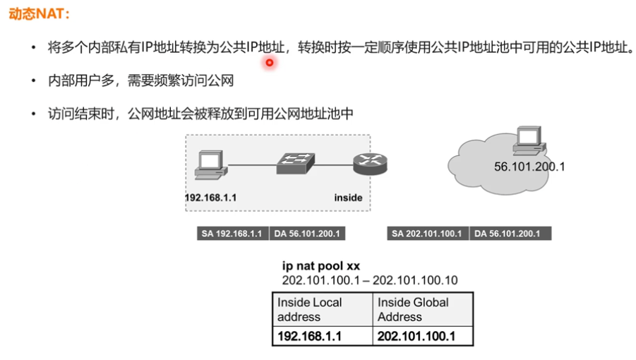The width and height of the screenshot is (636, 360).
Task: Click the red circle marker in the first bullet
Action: pyautogui.click(x=269, y=63)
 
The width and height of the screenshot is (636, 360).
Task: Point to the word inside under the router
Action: pyautogui.click(x=348, y=198)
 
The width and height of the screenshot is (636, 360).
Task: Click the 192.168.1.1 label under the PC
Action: pyautogui.click(x=210, y=198)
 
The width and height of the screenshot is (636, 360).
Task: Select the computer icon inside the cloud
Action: pyautogui.click(x=529, y=142)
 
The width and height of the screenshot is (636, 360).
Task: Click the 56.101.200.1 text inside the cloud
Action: pyautogui.click(x=529, y=167)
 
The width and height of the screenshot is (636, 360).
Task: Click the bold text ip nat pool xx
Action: pyautogui.click(x=321, y=266)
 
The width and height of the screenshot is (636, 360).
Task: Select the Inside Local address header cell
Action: pyautogui.click(x=322, y=309)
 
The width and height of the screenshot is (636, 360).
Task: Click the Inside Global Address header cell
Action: pyautogui.click(x=422, y=309)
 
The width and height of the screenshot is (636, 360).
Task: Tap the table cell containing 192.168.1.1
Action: pyautogui.click(x=322, y=337)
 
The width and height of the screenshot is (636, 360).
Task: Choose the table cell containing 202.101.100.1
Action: pyautogui.click(x=422, y=337)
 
